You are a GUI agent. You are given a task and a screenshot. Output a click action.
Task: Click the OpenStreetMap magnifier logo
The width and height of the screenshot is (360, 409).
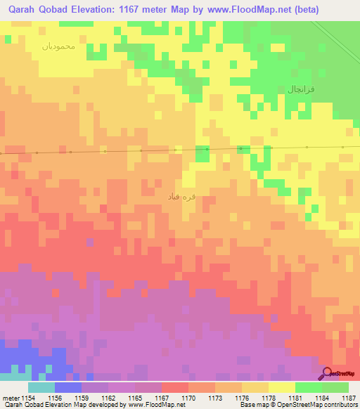[x=326, y=373]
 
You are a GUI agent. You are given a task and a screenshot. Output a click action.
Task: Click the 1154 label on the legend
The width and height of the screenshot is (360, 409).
[x=29, y=397]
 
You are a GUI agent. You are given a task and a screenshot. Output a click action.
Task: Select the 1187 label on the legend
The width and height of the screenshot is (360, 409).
[x=349, y=397]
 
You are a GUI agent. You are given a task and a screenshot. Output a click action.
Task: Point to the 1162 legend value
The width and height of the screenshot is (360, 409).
[x=108, y=397]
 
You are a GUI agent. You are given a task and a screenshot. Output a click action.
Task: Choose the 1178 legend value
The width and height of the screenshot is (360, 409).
[x=269, y=397]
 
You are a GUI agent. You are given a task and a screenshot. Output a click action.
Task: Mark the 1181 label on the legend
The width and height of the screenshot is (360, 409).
[x=295, y=397]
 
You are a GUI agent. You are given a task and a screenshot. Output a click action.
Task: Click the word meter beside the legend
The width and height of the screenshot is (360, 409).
[x=10, y=397]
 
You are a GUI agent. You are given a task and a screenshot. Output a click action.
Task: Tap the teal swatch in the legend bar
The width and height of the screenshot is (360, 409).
[x=41, y=387]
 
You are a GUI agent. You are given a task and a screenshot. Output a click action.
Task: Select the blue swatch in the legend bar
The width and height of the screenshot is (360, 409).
[x=68, y=387]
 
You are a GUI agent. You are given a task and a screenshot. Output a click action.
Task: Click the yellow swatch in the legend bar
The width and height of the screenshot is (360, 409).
[x=282, y=387]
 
